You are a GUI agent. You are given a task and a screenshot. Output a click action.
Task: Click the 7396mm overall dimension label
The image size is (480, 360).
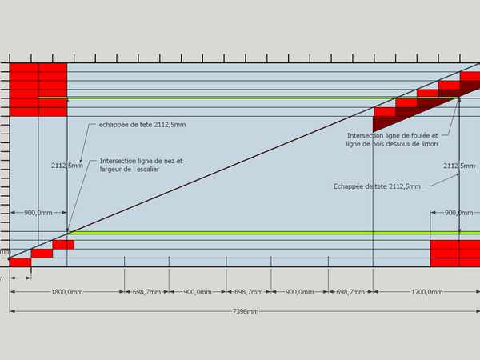click(x=246, y=311)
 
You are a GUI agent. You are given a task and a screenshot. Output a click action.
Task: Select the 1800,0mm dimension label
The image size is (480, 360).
click(x=66, y=292)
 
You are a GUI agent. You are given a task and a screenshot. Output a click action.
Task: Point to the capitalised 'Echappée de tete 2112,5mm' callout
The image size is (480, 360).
click(x=376, y=186)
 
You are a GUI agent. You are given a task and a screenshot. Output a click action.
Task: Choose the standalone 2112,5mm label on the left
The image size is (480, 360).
click(x=66, y=165)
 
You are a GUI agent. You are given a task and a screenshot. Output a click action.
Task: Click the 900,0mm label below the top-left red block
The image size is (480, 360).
click(x=38, y=213)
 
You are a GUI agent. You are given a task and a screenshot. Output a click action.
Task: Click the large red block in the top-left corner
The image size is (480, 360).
click(x=38, y=89)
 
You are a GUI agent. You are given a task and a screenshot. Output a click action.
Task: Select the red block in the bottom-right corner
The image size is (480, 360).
click(x=455, y=253)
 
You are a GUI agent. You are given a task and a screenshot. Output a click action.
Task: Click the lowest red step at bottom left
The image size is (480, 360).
click(x=20, y=262)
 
